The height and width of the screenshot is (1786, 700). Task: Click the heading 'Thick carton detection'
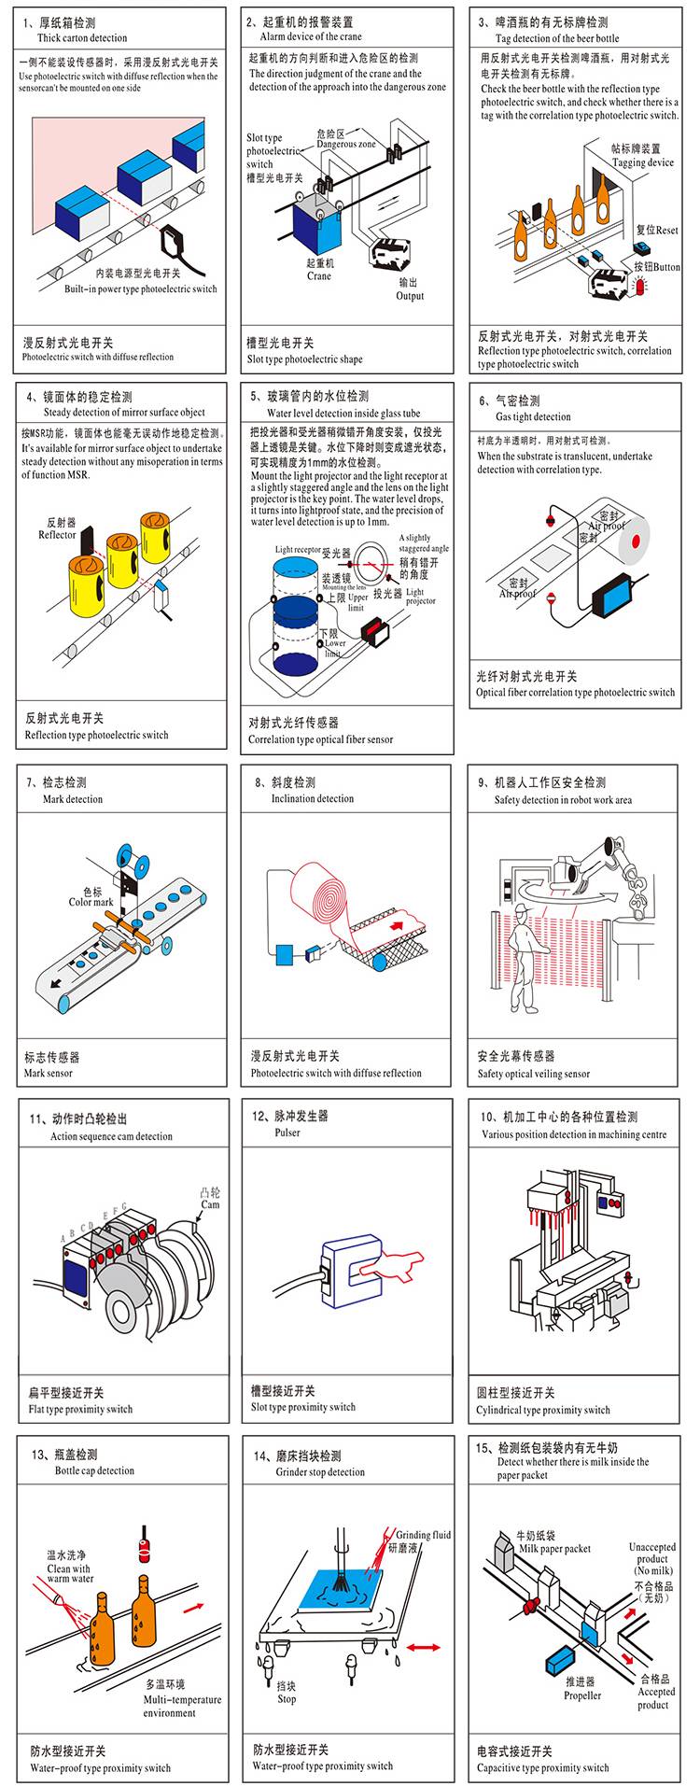82,38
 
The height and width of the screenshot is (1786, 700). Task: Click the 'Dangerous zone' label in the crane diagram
345,145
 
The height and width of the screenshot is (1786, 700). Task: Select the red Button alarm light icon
639,288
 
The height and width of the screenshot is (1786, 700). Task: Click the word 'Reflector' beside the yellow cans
57,535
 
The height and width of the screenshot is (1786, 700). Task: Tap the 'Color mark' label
91,902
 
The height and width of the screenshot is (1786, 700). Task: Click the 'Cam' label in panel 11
211,1204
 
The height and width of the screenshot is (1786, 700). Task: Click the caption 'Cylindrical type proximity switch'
542,1410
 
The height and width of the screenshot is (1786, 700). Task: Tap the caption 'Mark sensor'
48,1074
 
